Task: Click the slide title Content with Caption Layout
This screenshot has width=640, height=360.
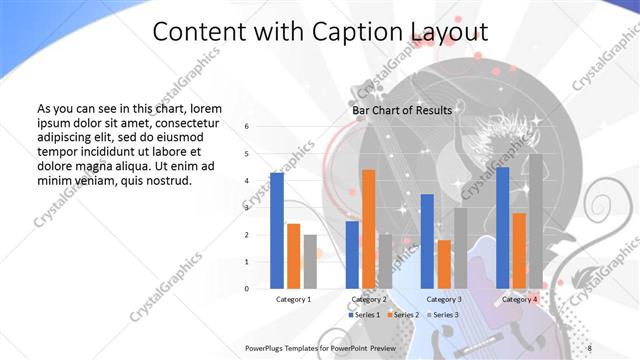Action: pos(320,32)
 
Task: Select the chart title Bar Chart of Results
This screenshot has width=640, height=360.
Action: pos(401,110)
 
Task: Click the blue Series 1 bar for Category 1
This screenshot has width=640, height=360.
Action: pos(277,230)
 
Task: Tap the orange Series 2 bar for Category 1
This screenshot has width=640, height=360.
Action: pos(293,256)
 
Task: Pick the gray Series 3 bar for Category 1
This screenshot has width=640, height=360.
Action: pos(310,261)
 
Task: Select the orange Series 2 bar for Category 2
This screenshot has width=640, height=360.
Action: pos(368,229)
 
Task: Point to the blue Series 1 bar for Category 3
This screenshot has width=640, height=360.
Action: pos(427,241)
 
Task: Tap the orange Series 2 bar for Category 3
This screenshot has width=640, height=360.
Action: pos(444,264)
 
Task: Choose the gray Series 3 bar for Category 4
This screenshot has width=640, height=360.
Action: pos(535,221)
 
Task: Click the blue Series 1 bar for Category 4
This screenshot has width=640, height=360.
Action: pos(502,228)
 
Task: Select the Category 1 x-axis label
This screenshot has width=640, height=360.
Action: pos(293,299)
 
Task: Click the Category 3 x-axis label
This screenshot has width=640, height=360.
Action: pos(444,299)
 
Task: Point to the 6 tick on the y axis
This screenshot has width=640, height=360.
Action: pos(247,127)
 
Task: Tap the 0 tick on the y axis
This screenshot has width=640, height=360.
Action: pos(247,289)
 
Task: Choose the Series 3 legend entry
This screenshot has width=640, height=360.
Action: pos(444,315)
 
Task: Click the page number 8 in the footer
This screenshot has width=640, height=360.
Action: pos(590,347)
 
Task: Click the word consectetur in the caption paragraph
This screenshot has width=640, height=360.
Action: pos(181,120)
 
